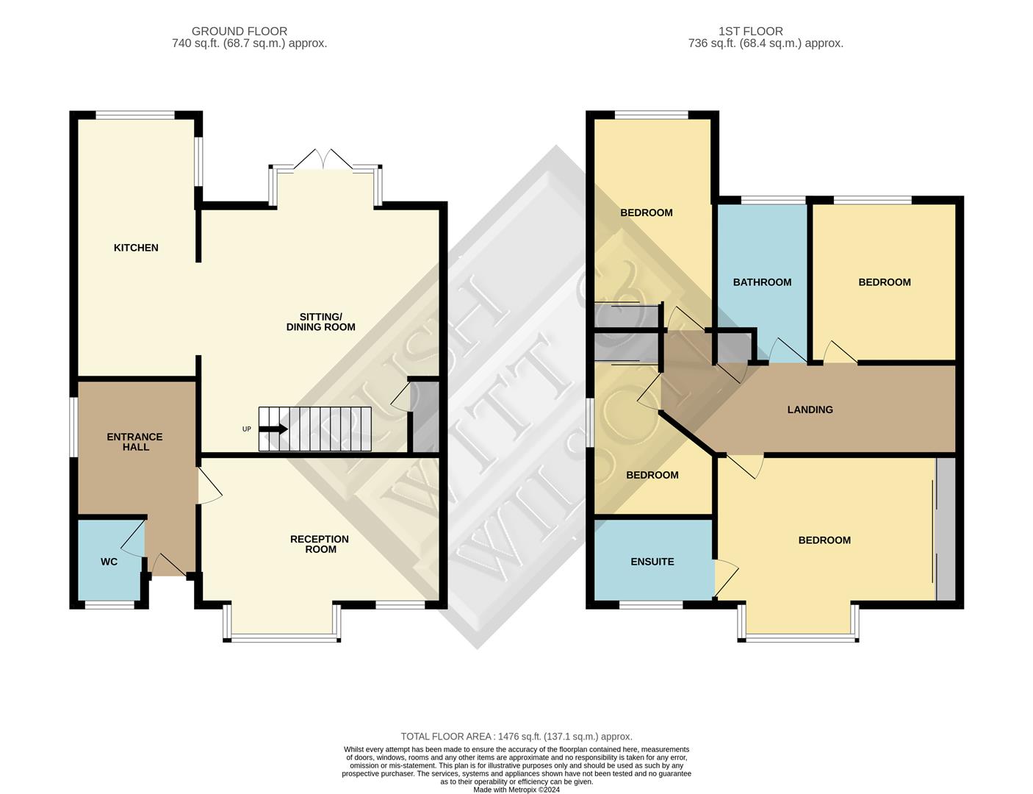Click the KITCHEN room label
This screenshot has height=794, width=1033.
click(x=135, y=248)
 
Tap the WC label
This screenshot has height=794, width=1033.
click(x=109, y=562)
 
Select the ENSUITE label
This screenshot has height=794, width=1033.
click(x=652, y=562)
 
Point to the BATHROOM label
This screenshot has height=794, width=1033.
click(x=762, y=282)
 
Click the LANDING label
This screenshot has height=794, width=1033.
click(x=810, y=409)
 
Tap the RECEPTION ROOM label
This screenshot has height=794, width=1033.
click(x=320, y=544)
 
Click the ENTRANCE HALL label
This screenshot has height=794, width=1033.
click(x=135, y=442)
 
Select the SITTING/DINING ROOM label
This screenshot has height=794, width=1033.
click(x=321, y=322)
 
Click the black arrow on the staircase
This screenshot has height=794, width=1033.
click(x=273, y=429)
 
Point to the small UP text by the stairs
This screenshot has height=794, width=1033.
click(x=247, y=429)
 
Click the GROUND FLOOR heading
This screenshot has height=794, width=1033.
click(x=240, y=32)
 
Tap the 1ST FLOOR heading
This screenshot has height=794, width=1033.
click(x=751, y=32)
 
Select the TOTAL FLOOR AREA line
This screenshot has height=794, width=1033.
click(x=516, y=737)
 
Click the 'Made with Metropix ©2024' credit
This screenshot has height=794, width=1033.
click(x=516, y=790)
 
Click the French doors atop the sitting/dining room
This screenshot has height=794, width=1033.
click(x=323, y=160)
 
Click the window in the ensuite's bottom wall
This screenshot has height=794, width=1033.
click(x=651, y=605)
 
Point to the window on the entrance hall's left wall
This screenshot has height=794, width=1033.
click(x=73, y=427)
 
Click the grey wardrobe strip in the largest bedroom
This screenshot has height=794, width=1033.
click(x=946, y=529)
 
